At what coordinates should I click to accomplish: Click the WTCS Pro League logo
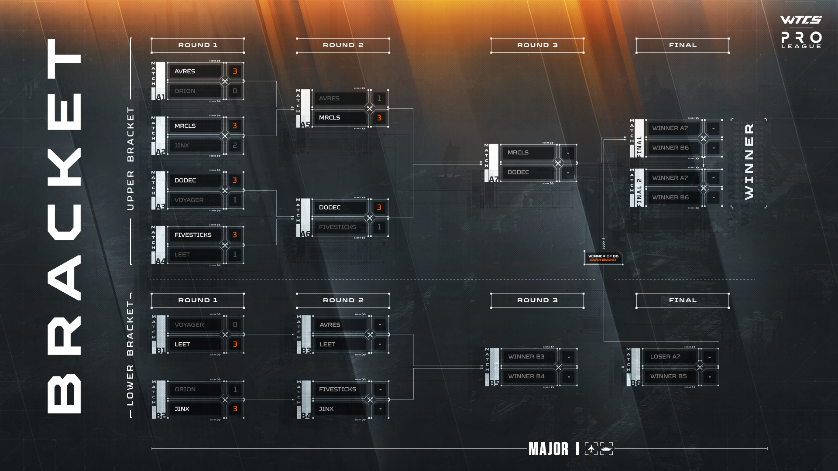click(801, 32)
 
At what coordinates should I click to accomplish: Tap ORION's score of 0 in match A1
click(235, 91)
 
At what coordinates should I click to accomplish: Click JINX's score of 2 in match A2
click(235, 146)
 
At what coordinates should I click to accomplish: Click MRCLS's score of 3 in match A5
click(379, 118)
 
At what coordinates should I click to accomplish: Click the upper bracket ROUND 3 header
click(537, 45)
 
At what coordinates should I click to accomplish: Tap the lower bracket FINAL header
click(683, 300)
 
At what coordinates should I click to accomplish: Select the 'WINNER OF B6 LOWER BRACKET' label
click(603, 258)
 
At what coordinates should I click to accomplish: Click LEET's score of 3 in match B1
click(235, 345)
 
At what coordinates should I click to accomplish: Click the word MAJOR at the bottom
click(549, 449)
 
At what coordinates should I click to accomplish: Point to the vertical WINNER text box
click(749, 162)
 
